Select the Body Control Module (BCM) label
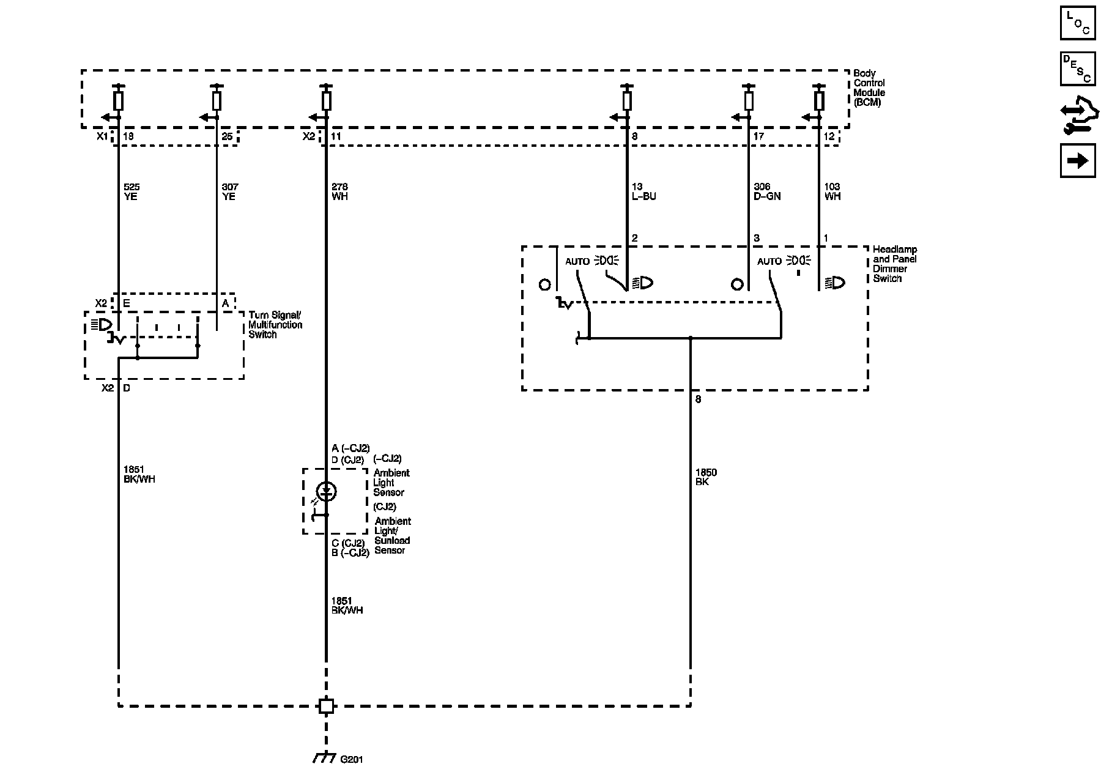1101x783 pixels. click(869, 88)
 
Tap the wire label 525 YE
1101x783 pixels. click(131, 191)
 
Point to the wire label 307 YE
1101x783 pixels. click(229, 191)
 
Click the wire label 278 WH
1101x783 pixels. click(339, 191)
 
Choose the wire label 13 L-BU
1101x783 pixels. click(643, 191)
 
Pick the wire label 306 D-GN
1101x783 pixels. click(767, 191)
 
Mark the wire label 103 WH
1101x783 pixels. click(832, 191)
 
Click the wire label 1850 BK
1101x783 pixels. click(706, 477)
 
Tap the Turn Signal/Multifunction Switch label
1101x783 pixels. click(275, 325)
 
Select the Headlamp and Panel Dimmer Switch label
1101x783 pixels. click(894, 264)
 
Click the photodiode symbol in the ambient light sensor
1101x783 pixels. click(326, 491)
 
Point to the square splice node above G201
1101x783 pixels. click(326, 706)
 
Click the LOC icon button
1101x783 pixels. click(1078, 23)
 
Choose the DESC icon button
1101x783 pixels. click(1078, 69)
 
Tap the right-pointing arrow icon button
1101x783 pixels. click(1078, 160)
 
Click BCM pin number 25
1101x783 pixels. click(227, 136)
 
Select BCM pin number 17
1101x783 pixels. click(758, 136)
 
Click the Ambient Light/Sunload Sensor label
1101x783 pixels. click(393, 535)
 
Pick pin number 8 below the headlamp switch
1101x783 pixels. click(699, 399)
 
